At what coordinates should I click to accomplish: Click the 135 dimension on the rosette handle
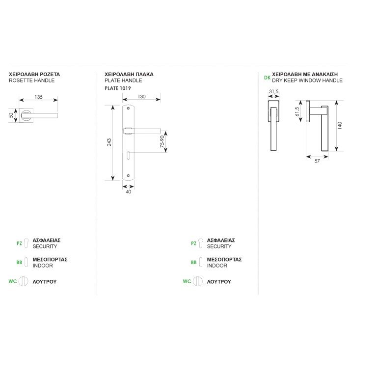(x=38, y=97)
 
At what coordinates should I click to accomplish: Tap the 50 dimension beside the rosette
(x=11, y=115)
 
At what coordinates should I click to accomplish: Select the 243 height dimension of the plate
(x=109, y=142)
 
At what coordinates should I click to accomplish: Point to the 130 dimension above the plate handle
(x=141, y=96)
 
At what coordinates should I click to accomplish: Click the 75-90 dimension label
(x=162, y=141)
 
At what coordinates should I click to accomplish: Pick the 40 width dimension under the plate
(x=129, y=191)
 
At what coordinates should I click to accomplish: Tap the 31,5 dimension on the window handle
(x=273, y=91)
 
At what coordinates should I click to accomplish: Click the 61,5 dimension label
(x=297, y=112)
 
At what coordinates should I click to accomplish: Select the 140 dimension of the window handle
(x=340, y=126)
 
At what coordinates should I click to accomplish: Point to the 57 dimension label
(x=317, y=161)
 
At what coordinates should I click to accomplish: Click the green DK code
(x=267, y=78)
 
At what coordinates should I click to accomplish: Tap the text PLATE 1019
(x=118, y=88)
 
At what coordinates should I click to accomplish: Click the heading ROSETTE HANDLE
(x=32, y=81)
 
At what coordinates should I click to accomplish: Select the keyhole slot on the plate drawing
(x=129, y=155)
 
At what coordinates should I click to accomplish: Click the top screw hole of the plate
(x=128, y=108)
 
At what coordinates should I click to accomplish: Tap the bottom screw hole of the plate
(x=129, y=176)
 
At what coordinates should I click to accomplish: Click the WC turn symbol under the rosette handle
(x=24, y=281)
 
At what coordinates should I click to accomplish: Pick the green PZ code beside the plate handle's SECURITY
(x=193, y=243)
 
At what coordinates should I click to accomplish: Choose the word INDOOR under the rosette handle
(x=43, y=266)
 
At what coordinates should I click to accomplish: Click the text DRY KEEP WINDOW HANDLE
(x=307, y=81)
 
